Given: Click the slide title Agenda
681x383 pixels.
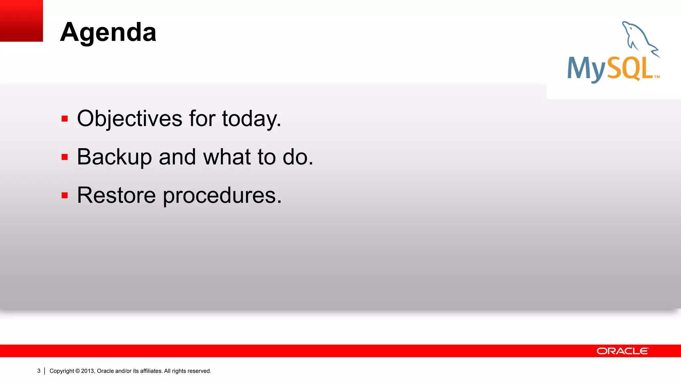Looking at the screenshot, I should pos(108,32).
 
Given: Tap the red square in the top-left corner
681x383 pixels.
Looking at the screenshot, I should pos(21,21).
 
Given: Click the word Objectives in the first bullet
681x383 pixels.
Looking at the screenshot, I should pos(130,118).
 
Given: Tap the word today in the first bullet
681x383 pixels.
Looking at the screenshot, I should pos(251,119).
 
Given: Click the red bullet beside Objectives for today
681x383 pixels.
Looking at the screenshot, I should pos(65,119).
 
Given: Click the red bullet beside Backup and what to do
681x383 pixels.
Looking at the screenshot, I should pos(65,157).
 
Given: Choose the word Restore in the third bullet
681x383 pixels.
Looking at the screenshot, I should pos(116,195).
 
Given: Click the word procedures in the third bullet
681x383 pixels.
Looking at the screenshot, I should pos(222,196).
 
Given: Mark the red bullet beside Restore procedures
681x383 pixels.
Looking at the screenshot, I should pos(65,195).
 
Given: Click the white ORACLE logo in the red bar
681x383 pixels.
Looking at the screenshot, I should pos(622,351).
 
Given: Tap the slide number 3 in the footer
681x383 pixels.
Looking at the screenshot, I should pos(39,371).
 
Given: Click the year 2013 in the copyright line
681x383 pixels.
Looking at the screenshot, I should pos(88,371).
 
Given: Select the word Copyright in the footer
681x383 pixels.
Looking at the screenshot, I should pos(62,371).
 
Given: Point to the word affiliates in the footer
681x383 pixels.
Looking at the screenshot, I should pos(151,371).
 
